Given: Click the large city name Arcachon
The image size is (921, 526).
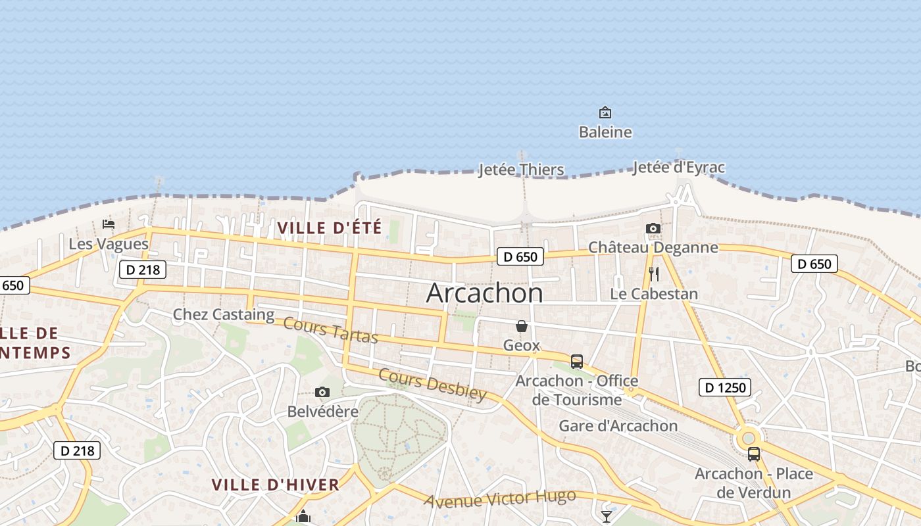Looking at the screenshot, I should pos(485,293).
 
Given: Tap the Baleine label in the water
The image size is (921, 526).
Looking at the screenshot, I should pos(605,132).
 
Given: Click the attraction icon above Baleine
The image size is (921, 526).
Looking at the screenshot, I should pos(605,113).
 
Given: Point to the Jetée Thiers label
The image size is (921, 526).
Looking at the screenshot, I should pos(521,170).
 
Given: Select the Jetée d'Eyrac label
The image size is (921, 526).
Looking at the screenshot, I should pos(678,168).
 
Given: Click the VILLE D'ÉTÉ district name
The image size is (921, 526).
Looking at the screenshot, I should pos(330,228).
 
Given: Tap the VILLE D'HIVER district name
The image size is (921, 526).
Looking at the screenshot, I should pos(275,485).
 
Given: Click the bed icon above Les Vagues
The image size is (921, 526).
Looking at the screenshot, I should pos(109,224).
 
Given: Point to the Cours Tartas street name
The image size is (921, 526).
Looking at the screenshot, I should pos(331,331).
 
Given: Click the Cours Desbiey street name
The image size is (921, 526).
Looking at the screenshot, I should pos(432,385).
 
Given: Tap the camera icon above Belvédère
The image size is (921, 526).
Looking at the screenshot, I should pos(322,393).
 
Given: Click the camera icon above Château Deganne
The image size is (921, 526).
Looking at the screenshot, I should pos(653,229).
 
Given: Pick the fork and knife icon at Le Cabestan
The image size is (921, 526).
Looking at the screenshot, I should pos(654,274).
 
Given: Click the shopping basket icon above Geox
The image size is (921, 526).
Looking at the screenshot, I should pos(522,326).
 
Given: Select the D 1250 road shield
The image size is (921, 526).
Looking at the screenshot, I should pos(725,387).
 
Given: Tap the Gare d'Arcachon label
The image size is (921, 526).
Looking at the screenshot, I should pos(618,426).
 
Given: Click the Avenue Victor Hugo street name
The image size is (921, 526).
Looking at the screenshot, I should pos(499,498).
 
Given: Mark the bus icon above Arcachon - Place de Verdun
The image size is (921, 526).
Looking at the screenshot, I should pos(754,454).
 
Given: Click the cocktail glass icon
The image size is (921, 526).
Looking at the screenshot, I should pos(607,516).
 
